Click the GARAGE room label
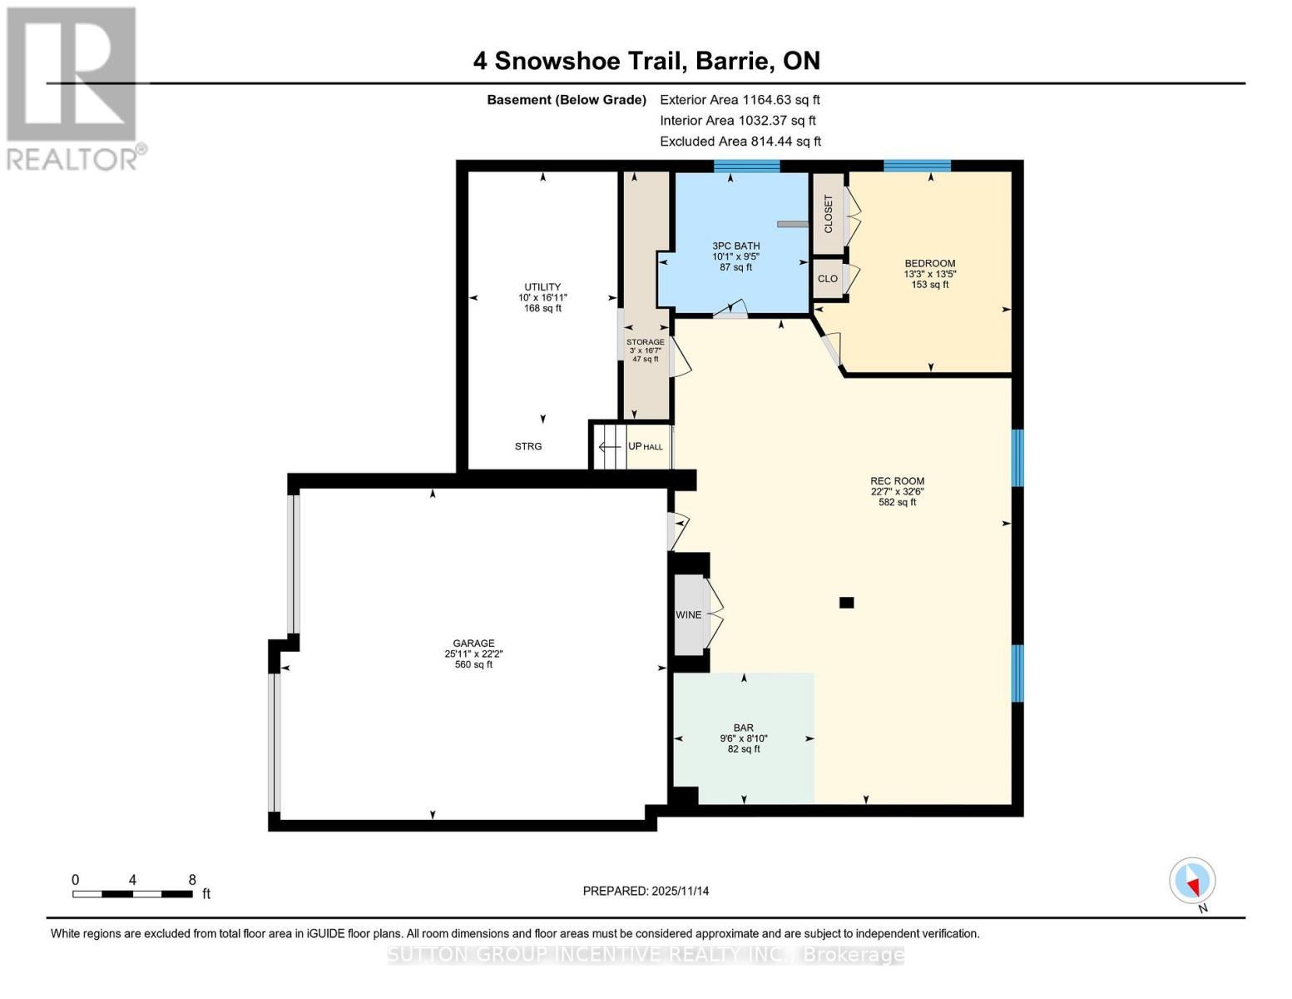(473, 644)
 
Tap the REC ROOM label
(897, 481)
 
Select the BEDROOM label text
(929, 264)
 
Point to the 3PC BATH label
(735, 246)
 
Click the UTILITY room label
(542, 287)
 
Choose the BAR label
(743, 728)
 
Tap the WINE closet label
(688, 615)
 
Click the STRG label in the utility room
(528, 447)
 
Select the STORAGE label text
(645, 342)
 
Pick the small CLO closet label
(827, 279)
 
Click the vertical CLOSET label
(828, 214)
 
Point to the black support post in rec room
(846, 603)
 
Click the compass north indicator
(1192, 881)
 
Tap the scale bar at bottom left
(132, 894)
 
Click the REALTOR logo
(73, 87)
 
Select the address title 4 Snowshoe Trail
(646, 61)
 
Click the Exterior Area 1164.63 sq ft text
(740, 99)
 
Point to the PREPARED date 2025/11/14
(646, 891)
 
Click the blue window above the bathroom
(746, 166)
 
